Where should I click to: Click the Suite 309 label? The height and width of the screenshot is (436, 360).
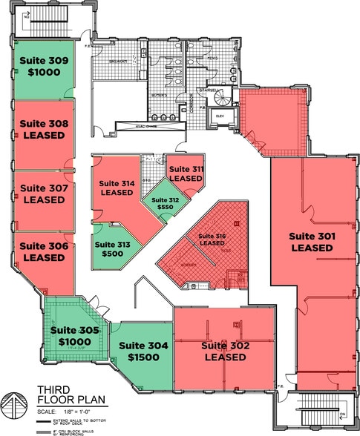(45, 59)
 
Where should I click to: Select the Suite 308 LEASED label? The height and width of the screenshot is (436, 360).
(45, 130)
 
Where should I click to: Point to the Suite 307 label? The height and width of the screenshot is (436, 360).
(45, 188)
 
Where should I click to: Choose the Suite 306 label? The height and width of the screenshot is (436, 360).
(44, 245)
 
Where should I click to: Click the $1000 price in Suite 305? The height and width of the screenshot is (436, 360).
(74, 343)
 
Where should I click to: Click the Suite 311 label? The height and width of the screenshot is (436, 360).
(186, 170)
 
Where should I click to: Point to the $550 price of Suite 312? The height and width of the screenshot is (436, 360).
(165, 208)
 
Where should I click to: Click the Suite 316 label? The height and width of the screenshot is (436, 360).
(211, 237)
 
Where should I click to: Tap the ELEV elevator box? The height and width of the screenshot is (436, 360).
(219, 117)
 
